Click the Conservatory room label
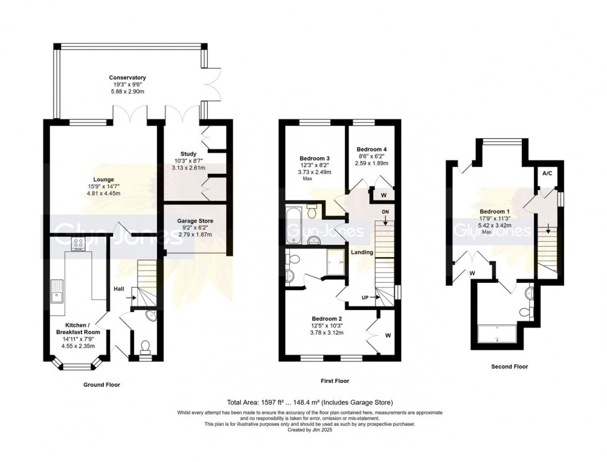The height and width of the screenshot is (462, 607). click(127, 77)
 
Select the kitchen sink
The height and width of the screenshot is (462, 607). click(57, 291)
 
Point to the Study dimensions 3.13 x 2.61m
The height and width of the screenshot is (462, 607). click(189, 168)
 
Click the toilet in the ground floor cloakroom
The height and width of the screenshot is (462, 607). click(146, 347)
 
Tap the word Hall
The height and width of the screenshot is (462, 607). click(119, 289)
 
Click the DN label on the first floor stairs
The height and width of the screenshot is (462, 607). click(385, 212)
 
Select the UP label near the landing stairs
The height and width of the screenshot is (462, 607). click(365, 298)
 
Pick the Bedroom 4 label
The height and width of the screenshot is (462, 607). click(371, 149)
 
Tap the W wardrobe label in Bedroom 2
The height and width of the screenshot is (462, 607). click(388, 335)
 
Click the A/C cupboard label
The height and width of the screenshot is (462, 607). click(547, 173)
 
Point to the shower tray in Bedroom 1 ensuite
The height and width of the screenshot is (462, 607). click(498, 334)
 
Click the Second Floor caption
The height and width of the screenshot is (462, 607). click(509, 366)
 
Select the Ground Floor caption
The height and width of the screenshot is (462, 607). click(102, 385)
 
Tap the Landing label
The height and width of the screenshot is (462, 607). click(362, 252)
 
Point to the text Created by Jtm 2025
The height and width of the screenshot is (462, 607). click(309, 429)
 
